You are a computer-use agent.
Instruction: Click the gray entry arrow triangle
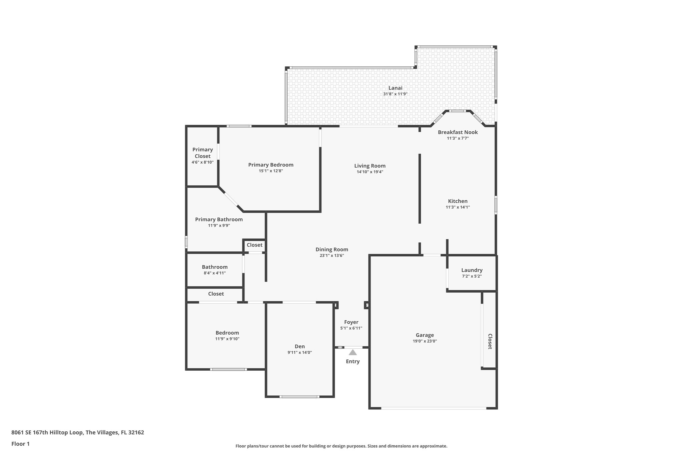click(353, 352)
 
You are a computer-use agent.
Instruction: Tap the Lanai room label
click(395, 88)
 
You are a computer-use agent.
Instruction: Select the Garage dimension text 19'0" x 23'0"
click(425, 341)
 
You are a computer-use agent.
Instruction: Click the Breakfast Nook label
click(458, 132)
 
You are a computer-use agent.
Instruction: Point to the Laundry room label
click(472, 270)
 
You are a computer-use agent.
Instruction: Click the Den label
click(299, 346)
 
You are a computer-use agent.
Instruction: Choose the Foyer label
click(351, 322)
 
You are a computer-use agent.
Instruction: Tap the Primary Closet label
click(202, 153)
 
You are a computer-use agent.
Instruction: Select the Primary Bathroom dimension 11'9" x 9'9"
click(219, 225)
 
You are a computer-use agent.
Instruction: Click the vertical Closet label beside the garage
click(490, 341)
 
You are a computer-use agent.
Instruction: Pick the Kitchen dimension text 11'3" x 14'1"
click(458, 207)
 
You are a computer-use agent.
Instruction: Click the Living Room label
click(370, 166)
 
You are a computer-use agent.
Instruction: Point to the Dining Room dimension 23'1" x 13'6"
click(331, 255)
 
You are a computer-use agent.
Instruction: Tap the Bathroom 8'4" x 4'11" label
click(214, 267)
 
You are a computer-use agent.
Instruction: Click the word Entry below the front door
click(353, 361)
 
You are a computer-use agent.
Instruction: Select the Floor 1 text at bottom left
click(20, 444)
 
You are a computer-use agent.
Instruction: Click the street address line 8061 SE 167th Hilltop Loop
click(77, 432)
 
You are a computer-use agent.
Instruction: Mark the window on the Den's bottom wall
click(299, 397)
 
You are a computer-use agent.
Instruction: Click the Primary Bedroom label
click(270, 165)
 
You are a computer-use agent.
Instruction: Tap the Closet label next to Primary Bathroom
click(254, 245)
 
